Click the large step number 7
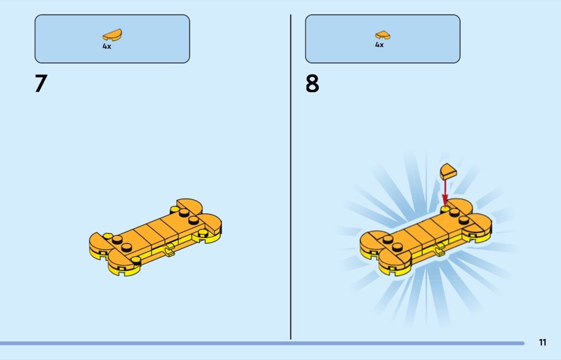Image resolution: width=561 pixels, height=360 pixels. (41, 84)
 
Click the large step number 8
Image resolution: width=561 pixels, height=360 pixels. (312, 84)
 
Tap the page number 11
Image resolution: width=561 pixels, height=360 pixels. (542, 342)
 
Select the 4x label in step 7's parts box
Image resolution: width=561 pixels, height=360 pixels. (107, 46)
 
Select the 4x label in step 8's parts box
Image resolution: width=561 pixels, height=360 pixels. (379, 45)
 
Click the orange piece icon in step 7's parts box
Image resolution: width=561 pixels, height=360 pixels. (112, 35)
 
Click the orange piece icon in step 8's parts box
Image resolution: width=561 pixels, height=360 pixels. (383, 35)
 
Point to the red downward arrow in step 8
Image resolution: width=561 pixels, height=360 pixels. (445, 192)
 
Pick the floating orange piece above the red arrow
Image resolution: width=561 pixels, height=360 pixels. (448, 171)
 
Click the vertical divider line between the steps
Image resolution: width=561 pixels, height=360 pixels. (290, 177)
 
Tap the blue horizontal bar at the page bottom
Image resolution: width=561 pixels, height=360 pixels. (262, 343)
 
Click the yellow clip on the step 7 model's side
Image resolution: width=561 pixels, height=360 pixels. (168, 250)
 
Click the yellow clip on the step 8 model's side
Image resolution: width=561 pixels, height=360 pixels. (439, 249)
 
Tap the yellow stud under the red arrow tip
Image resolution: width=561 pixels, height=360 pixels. (445, 208)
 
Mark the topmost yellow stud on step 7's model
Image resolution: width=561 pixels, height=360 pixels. (175, 209)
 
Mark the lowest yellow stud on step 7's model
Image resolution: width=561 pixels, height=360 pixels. (136, 260)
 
